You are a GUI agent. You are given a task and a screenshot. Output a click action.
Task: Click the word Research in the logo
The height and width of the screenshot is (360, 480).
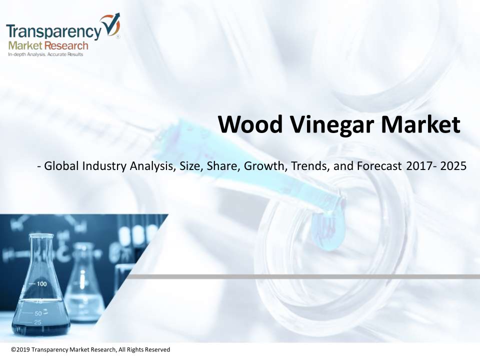66,46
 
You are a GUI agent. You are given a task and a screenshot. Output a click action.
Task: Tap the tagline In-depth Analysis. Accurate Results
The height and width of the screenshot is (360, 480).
45,54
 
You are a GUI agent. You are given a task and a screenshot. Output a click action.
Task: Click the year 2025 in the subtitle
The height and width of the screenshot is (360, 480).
453,166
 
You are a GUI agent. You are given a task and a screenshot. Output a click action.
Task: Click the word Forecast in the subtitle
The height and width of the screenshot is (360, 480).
379,166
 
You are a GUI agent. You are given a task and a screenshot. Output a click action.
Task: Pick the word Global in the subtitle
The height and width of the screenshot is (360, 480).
62,166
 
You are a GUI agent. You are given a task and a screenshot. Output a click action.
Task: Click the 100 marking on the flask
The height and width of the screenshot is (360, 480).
41,284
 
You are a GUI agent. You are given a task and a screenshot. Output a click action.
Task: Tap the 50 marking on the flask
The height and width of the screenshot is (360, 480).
38,313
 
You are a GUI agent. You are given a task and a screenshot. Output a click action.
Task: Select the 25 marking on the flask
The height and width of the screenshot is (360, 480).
37,322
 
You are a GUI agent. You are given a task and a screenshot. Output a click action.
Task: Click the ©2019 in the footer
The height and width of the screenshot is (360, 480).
20,349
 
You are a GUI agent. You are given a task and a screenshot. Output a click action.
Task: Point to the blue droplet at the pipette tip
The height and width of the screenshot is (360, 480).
328,231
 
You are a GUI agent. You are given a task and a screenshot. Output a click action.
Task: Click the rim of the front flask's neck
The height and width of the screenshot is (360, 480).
41,235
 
